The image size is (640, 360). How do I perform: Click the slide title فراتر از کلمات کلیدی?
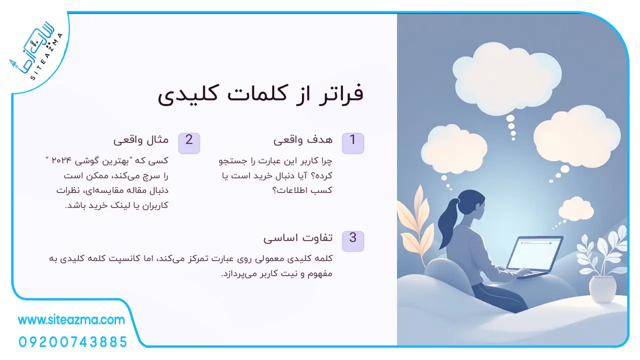point(260,95)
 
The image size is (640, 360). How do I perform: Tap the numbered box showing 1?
point(353,143)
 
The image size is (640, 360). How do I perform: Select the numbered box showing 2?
point(189,143)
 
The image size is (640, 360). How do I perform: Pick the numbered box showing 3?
point(353,241)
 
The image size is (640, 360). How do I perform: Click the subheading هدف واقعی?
point(303,140)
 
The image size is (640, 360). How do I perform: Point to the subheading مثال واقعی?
point(141,140)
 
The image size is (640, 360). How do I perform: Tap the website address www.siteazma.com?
point(71,320)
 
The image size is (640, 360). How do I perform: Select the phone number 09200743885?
point(73,342)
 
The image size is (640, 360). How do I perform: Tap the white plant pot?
point(603,289)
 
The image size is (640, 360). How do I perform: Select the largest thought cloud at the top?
point(507,77)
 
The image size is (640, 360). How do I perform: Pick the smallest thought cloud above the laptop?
point(576,208)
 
